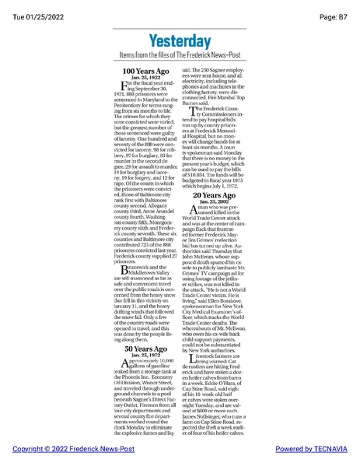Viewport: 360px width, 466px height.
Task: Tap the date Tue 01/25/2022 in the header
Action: click(x=34, y=8)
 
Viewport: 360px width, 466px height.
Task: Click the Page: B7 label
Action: click(x=334, y=8)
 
